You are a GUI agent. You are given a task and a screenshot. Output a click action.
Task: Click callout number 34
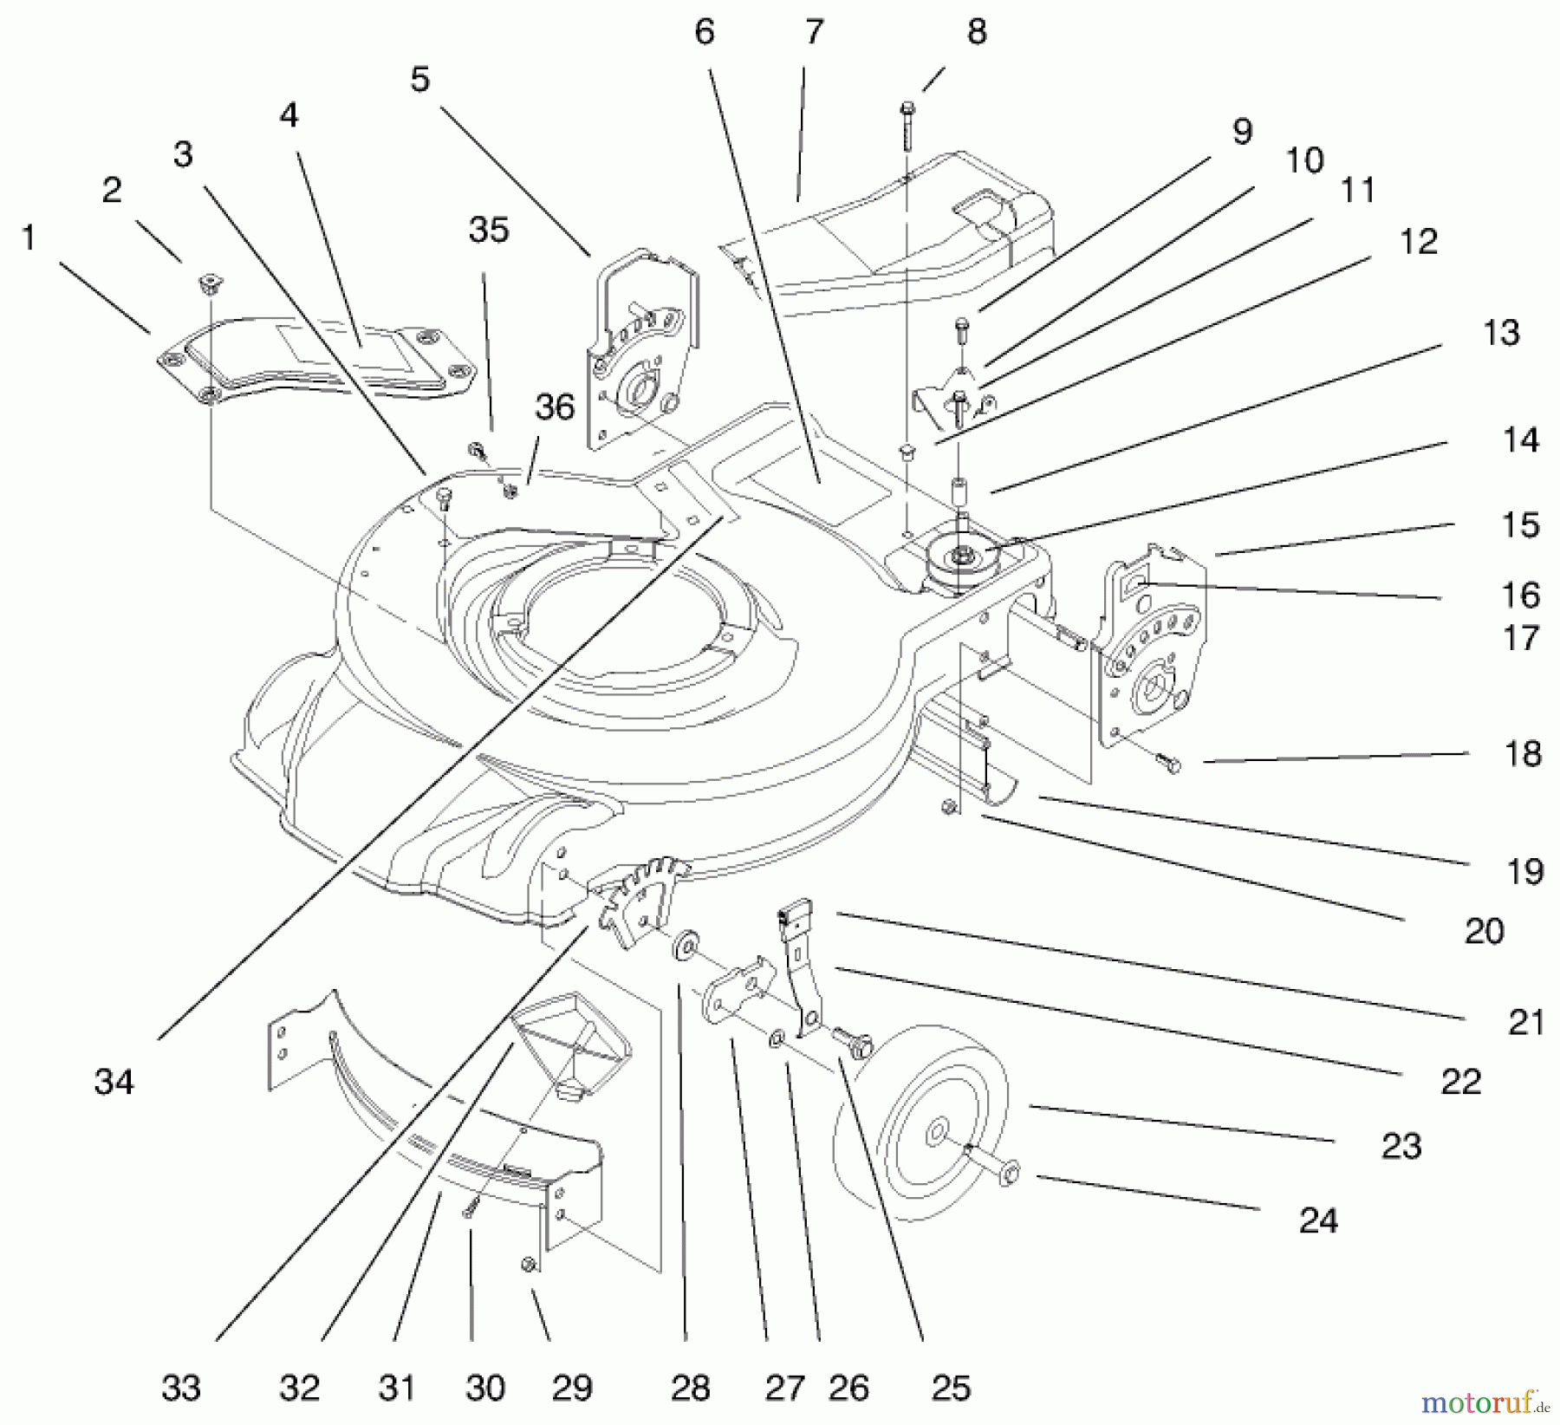pos(114,1082)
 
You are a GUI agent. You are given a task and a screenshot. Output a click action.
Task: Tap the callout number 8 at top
pos(977,32)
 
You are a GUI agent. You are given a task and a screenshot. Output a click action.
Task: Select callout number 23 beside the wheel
pos(1401,1146)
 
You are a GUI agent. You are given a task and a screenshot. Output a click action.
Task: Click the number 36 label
pos(555,407)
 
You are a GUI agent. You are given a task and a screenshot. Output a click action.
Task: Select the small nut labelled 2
pos(208,281)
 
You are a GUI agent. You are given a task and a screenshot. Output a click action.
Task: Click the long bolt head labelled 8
pos(907,109)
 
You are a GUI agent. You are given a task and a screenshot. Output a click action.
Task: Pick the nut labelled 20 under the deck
pos(948,807)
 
